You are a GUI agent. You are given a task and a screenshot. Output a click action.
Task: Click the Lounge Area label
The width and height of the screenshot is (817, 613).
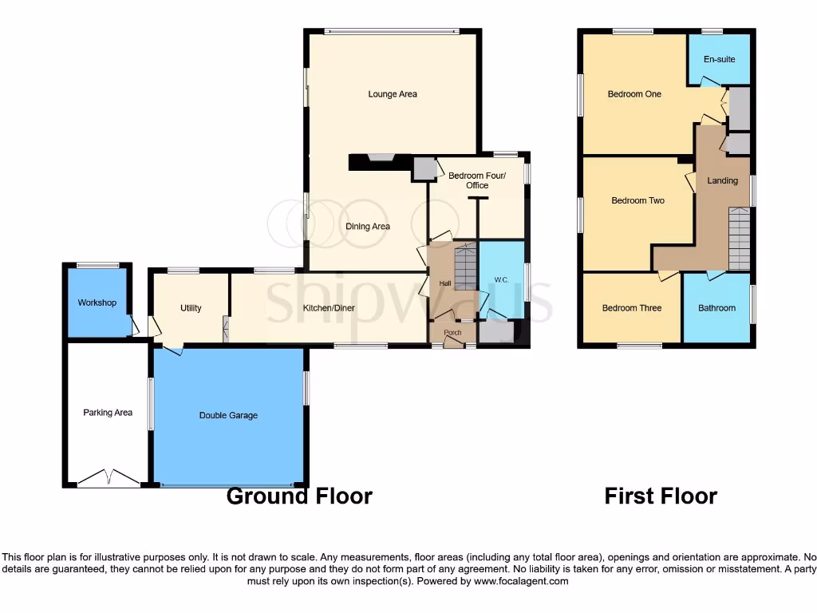pos(393,94)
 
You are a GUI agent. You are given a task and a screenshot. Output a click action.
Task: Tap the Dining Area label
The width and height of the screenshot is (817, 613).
pos(368,227)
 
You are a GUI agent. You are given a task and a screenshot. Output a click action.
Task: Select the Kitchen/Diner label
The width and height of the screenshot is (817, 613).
pos(329,308)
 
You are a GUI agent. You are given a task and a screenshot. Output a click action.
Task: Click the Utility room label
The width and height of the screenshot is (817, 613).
pos(191,308)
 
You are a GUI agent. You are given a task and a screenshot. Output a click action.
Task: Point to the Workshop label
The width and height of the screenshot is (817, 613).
pos(97,303)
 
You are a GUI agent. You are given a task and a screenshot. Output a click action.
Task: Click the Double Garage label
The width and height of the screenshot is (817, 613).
pos(228,416)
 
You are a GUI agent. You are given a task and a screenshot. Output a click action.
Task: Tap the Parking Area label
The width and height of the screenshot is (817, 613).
pos(108,413)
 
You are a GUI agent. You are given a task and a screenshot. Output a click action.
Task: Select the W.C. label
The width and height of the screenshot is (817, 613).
pos(502,280)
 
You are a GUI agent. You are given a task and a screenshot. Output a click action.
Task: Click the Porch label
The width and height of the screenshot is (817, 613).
pos(452,333)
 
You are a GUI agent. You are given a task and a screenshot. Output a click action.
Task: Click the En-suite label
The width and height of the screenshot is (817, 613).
pos(719,60)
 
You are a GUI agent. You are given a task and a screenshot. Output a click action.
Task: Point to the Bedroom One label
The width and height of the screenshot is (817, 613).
pos(634,94)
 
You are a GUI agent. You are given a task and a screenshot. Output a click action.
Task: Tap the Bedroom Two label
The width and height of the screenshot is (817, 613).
pos(637,201)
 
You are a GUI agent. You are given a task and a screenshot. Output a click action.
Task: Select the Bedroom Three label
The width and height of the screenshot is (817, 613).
pos(631,308)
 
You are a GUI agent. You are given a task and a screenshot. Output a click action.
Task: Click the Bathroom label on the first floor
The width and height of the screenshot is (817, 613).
pos(716,308)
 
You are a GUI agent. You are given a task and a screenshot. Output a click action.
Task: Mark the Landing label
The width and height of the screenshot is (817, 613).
pos(722,181)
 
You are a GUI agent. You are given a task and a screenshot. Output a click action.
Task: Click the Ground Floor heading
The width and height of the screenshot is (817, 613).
pos(299,496)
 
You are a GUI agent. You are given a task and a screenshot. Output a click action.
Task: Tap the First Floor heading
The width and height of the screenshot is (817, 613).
pos(661,496)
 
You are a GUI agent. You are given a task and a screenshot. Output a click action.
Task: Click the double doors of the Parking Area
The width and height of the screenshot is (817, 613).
pos(108,478)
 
